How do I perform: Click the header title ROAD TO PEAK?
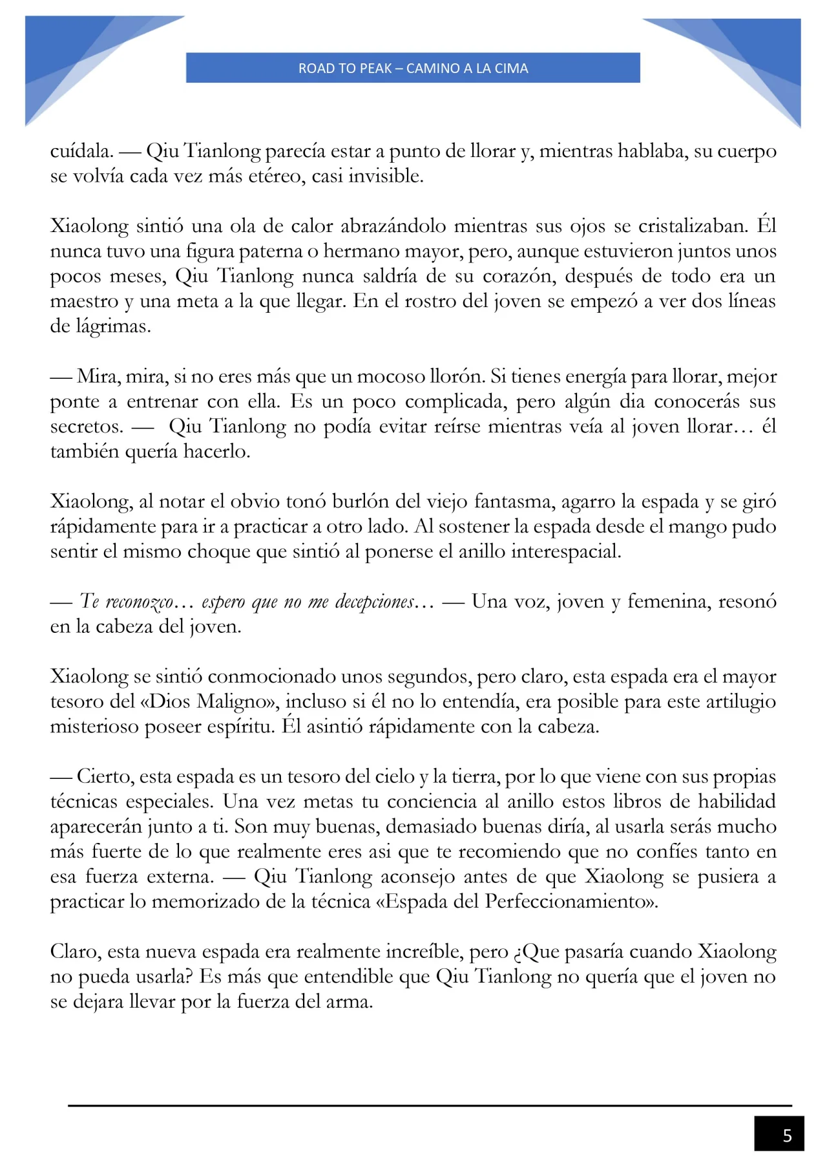coord(413,68)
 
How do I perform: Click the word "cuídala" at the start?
coord(81,151)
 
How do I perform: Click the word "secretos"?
coord(86,427)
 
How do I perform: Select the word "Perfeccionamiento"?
coord(569,902)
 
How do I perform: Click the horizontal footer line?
coord(430,1105)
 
